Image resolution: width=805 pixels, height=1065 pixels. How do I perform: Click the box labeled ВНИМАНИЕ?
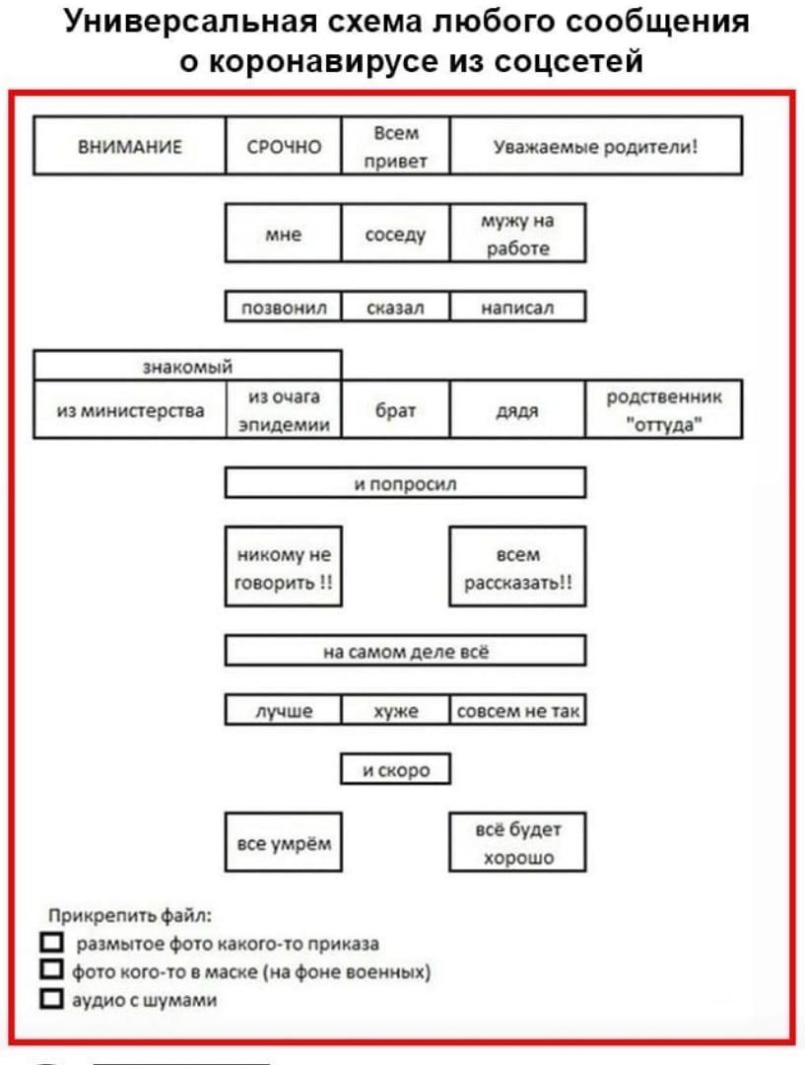130,146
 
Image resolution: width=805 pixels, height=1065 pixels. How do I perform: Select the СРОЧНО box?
284,146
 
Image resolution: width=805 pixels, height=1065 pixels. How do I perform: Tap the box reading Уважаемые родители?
595,146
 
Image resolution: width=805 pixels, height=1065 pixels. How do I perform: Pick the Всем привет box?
396,146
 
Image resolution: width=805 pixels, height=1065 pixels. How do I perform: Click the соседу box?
396,233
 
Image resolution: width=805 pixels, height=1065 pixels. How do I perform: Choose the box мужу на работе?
517,233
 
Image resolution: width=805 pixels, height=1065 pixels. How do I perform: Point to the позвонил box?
284,307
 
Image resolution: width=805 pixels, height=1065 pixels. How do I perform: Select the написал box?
517,307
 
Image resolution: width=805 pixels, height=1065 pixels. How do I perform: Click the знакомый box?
187,366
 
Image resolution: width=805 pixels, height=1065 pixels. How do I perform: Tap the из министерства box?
130,409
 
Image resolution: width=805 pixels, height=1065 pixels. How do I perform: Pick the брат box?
396,409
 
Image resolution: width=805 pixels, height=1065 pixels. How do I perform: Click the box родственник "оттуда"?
663,409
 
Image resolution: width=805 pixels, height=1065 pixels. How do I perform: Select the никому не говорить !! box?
284,566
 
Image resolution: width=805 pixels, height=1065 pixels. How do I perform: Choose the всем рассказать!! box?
517,566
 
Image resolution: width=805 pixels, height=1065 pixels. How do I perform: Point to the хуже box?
396,710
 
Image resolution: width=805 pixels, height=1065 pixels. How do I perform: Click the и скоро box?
396,769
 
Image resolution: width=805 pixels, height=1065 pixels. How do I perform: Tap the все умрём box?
284,842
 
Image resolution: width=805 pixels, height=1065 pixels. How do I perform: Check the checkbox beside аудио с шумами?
51,998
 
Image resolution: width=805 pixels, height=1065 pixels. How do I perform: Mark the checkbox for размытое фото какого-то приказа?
51,942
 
